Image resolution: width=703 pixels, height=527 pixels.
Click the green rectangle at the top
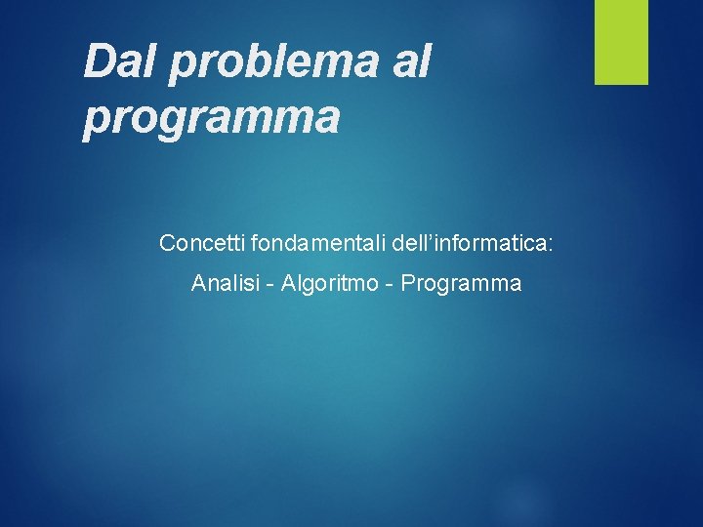(622, 42)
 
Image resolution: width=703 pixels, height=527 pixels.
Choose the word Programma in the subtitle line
(461, 284)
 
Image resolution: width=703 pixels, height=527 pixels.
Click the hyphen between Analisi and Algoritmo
(270, 285)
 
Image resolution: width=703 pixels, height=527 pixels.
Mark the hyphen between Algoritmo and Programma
(391, 285)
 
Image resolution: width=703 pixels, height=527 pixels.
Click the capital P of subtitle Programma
(408, 284)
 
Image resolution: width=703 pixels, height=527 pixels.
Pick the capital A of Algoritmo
(288, 284)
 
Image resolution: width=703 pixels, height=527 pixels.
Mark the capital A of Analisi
(198, 284)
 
